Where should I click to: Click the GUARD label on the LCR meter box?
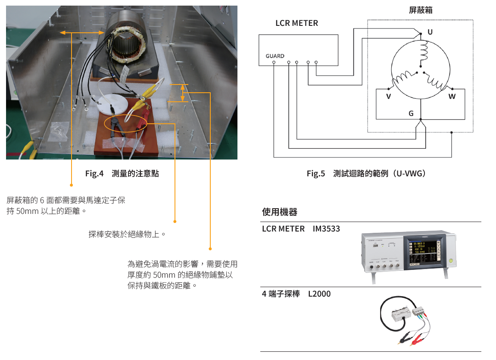tap(275, 56)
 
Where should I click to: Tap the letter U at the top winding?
tap(430, 32)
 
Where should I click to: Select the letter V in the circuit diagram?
tap(388, 97)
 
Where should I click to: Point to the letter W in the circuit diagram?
tap(452, 97)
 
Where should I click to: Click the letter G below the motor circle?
tap(411, 113)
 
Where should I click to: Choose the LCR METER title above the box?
tap(296, 23)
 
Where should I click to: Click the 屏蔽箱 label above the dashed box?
tap(420, 10)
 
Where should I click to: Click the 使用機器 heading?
tap(280, 212)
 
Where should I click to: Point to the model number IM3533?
tap(326, 229)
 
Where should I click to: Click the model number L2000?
tap(319, 294)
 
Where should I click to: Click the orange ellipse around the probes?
tap(126, 123)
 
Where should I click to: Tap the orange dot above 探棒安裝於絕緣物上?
tap(175, 222)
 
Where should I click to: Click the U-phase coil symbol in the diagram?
tap(423, 51)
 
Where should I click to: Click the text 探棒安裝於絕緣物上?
tap(127, 235)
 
